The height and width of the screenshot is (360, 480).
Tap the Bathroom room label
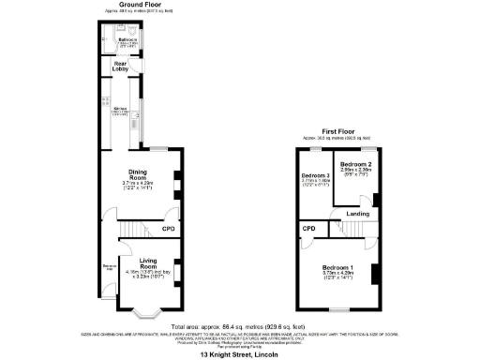point(122,41)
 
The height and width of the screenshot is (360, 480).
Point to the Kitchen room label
point(120,110)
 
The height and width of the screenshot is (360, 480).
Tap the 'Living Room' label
point(146,264)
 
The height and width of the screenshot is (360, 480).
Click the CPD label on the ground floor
point(169,229)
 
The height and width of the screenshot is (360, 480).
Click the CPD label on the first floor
point(308,229)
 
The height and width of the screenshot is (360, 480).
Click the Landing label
point(357,214)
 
